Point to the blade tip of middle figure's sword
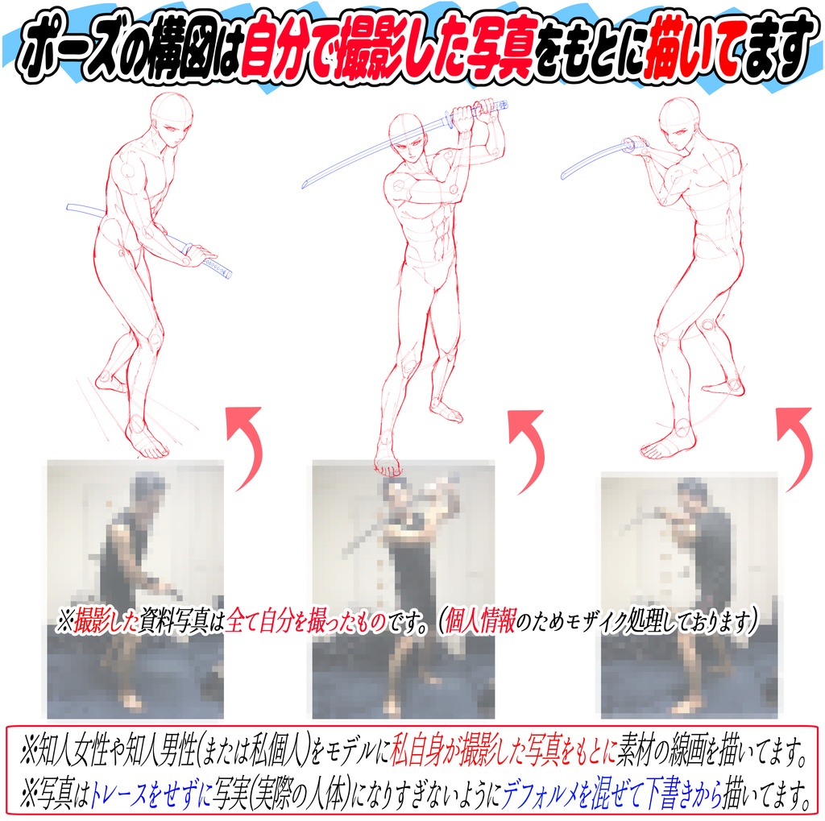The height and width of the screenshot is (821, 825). tap(306, 185)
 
